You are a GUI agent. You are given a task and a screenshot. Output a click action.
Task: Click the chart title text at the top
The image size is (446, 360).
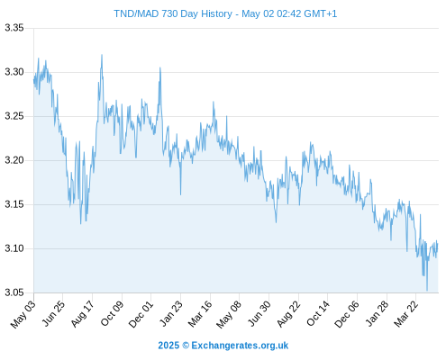pos(225,13)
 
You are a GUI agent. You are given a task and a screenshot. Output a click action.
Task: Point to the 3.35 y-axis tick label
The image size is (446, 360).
pos(14,28)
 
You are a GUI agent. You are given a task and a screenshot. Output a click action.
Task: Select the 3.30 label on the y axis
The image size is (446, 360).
pos(14,72)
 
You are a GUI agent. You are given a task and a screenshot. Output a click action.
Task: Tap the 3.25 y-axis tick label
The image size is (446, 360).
pos(14,116)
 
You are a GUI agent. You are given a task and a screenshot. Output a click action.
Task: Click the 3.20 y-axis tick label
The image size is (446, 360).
pos(14,160)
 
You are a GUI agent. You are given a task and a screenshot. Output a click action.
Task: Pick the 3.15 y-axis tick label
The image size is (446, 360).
pos(14,204)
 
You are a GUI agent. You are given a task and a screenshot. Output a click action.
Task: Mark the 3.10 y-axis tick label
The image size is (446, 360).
pos(14,248)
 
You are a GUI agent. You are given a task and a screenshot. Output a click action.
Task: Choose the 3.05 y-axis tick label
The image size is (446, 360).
pos(14,292)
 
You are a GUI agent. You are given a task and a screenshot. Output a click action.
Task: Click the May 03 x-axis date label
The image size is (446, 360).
pos(23,314)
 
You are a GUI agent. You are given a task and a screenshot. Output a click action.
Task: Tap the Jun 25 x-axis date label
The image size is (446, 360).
pos(52,314)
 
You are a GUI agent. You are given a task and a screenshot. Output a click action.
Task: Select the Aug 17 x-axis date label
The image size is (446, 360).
pos(82,314)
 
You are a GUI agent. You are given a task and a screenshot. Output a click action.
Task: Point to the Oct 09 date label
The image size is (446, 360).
pos(112,314)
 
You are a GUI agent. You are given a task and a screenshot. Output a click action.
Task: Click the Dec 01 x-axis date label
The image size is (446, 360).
pos(141,314)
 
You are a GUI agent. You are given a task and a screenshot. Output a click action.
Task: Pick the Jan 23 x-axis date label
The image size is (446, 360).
pos(170,314)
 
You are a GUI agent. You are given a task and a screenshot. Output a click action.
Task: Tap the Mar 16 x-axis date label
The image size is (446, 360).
pos(200,314)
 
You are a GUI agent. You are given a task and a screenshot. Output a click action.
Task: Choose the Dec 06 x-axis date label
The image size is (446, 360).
pos(347,314)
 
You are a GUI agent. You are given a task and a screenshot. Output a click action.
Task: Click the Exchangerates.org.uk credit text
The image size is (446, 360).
pos(223,346)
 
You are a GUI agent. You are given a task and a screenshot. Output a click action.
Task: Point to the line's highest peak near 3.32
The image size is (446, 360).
pos(102,55)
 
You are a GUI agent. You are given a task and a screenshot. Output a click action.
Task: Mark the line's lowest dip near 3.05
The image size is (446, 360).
pos(427,290)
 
